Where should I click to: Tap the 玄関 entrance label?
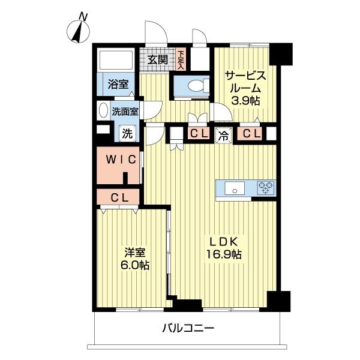point(157,59)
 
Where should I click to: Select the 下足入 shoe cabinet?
point(181,59)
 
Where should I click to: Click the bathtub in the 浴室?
point(115,59)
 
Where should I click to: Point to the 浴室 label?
point(118,84)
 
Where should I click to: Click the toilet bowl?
point(197,86)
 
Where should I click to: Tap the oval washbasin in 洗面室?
point(103,110)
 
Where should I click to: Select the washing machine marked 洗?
point(127,133)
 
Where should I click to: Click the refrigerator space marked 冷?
point(223,136)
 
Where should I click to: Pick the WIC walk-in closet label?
point(121,159)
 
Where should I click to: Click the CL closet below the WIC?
point(118,197)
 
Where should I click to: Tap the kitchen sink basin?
point(235,188)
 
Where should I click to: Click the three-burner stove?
point(266,188)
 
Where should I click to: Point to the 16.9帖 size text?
point(224,254)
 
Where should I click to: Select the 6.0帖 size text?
point(135,265)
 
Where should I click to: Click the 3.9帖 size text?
point(245,101)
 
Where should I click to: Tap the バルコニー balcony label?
point(188,328)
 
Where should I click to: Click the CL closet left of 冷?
point(199,133)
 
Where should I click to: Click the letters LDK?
point(224,242)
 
